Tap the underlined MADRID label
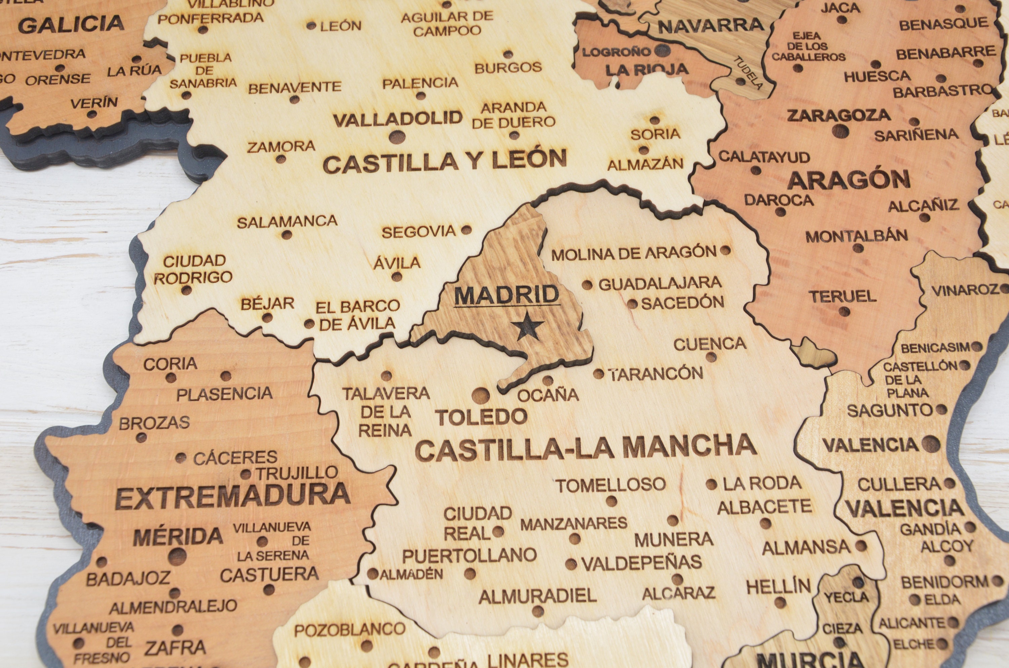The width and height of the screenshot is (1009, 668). (x=507, y=295)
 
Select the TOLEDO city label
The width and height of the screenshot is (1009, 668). (x=481, y=417)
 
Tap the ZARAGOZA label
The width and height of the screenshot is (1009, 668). (x=838, y=115)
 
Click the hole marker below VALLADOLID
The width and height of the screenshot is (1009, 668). (x=397, y=137)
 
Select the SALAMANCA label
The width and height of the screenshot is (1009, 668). (x=287, y=222)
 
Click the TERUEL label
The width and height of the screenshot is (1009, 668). (x=843, y=297)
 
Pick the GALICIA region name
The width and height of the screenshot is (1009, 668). (x=71, y=24)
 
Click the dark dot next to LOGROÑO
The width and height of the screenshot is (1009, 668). (x=662, y=51)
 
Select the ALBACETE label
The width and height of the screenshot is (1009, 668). (x=764, y=507)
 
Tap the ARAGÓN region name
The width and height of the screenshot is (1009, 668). (x=848, y=180)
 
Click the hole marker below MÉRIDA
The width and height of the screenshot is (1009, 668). (x=178, y=556)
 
